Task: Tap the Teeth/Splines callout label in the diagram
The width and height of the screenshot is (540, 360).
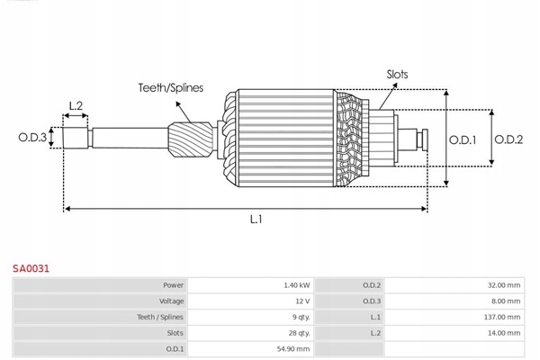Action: (170, 88)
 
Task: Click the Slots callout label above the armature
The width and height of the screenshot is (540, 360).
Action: (397, 75)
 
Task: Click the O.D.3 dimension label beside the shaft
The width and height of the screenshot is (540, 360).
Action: (32, 138)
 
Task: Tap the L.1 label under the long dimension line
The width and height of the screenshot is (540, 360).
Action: (256, 218)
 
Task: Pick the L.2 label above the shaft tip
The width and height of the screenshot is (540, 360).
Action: (76, 106)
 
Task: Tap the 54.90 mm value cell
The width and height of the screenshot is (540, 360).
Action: (294, 349)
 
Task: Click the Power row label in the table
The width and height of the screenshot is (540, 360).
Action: (173, 284)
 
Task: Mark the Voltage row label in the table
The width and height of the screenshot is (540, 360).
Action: (171, 301)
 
